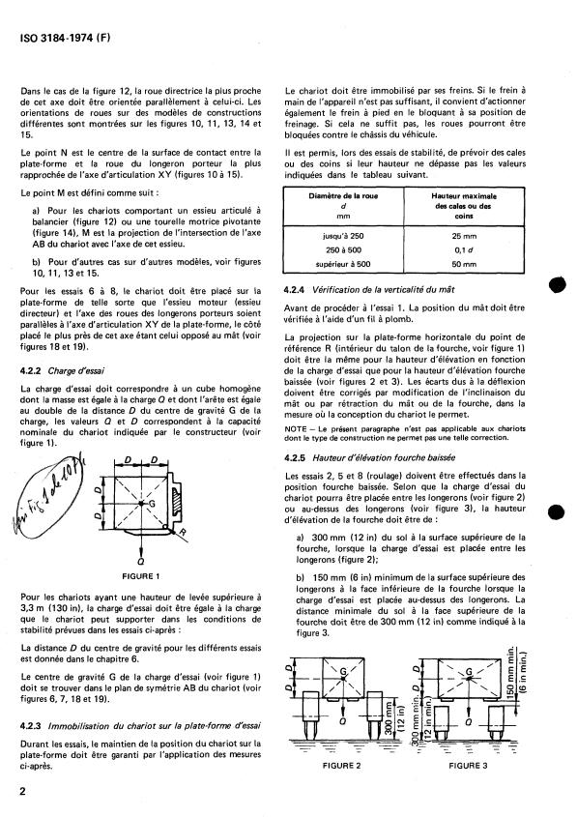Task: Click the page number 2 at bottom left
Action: (21, 790)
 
